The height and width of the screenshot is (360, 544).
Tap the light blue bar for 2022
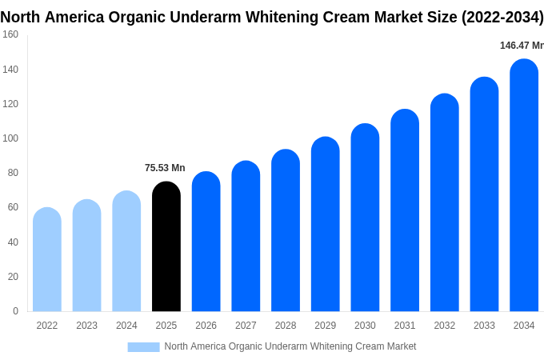pyautogui.click(x=47, y=259)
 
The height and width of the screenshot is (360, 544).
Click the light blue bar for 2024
pyautogui.click(x=126, y=251)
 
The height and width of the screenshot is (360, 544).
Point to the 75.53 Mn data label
pyautogui.click(x=165, y=168)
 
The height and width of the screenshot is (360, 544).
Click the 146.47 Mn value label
pyautogui.click(x=522, y=46)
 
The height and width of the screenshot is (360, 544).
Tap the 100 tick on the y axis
pyautogui.click(x=10, y=138)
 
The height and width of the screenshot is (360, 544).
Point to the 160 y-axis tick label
pyautogui.click(x=10, y=34)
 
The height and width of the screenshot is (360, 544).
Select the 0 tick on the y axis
pyautogui.click(x=15, y=311)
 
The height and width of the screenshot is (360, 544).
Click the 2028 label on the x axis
pyautogui.click(x=286, y=326)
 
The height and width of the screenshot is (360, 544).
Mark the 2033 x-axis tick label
pyautogui.click(x=484, y=326)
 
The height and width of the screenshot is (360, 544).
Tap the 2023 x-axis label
pyautogui.click(x=86, y=326)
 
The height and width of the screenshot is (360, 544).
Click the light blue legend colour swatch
pyautogui.click(x=143, y=347)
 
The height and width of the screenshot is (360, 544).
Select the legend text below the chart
pyautogui.click(x=290, y=346)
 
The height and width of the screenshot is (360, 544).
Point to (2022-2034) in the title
pyautogui.click(x=502, y=17)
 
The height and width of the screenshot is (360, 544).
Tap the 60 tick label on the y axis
pyautogui.click(x=13, y=207)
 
